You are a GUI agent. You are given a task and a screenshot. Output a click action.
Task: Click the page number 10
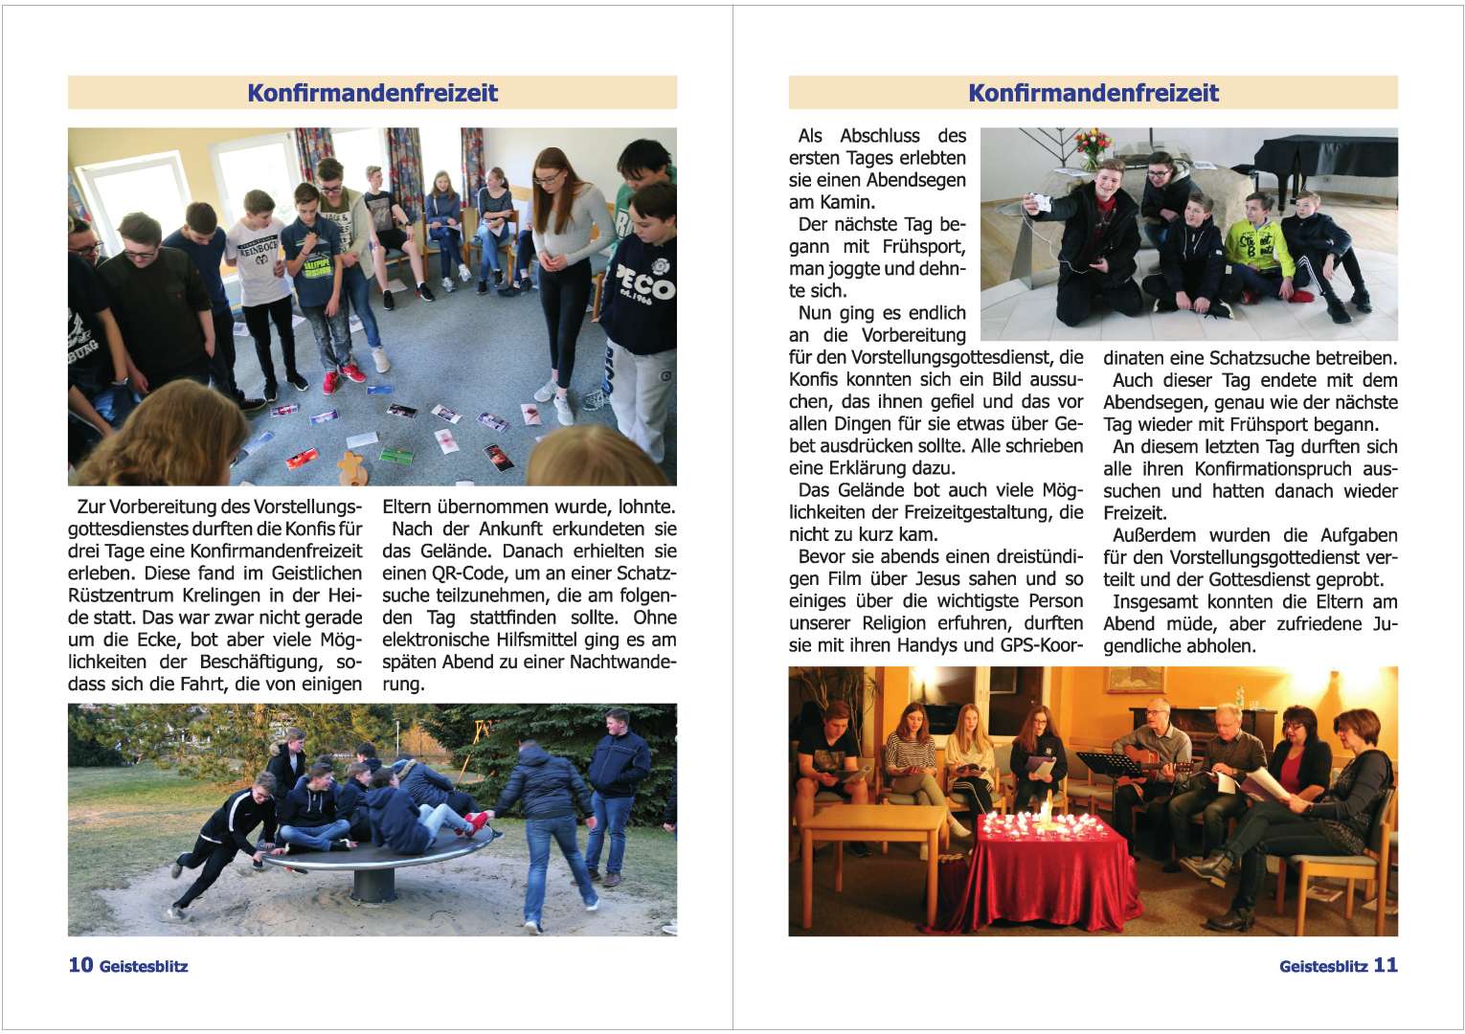tap(80, 965)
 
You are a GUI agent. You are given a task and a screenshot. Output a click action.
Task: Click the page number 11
tap(1386, 965)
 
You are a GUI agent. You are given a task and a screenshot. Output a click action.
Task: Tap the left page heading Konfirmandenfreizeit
tap(372, 93)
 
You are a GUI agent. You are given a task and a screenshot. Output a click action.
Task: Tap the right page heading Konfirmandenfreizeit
tap(1093, 93)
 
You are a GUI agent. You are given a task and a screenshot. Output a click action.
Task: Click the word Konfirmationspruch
tap(1273, 469)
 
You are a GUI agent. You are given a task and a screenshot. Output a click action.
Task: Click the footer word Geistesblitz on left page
tap(144, 967)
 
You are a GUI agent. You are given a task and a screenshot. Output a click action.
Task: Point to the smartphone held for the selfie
tap(1038, 203)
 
